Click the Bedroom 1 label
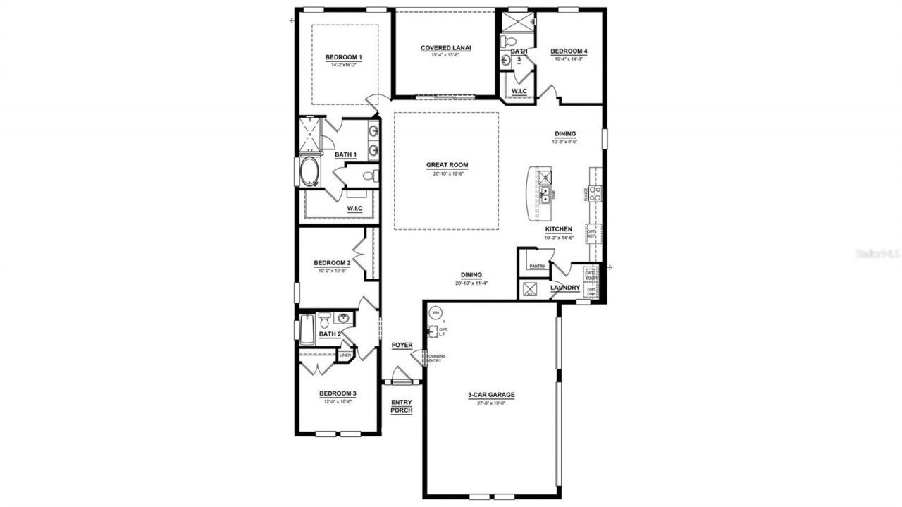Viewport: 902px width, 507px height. pyautogui.click(x=343, y=57)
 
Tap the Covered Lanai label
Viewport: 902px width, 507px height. pyautogui.click(x=445, y=48)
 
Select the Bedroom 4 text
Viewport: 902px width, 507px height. pyautogui.click(x=569, y=51)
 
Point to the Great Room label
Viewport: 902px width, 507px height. pyautogui.click(x=447, y=165)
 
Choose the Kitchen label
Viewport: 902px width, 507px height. pyautogui.click(x=558, y=230)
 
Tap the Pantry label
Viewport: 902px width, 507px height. pyautogui.click(x=537, y=266)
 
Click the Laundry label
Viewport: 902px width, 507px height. pyautogui.click(x=566, y=288)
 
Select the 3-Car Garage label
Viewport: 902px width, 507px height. pyautogui.click(x=491, y=395)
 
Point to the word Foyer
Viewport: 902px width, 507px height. pyautogui.click(x=402, y=345)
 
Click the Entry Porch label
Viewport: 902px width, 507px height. pyautogui.click(x=402, y=406)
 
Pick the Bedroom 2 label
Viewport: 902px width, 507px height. pyautogui.click(x=332, y=263)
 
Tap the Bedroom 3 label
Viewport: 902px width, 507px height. pyautogui.click(x=338, y=393)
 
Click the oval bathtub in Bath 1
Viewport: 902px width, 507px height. pyautogui.click(x=309, y=173)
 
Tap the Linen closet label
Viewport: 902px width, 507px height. pyautogui.click(x=345, y=355)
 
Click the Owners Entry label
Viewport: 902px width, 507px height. pyautogui.click(x=434, y=358)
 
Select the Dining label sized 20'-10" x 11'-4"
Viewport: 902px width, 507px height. pyautogui.click(x=471, y=276)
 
